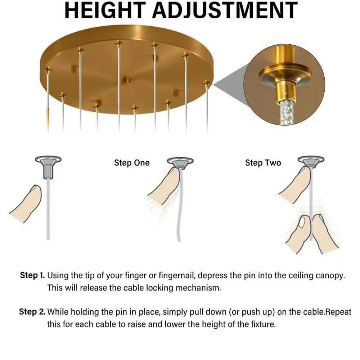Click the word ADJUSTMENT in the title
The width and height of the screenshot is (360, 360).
point(225,10)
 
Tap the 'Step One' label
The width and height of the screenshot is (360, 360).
point(132,163)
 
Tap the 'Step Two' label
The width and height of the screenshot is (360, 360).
point(263,163)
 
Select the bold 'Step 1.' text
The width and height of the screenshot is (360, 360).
point(32,275)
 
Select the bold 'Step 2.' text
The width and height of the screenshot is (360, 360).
point(32,312)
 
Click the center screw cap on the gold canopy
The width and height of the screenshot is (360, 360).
point(126,80)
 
